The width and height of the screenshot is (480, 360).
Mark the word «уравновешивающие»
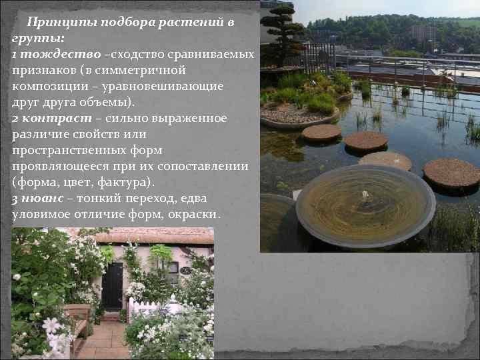coord(167,86)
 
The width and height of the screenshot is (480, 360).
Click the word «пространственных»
coord(62,151)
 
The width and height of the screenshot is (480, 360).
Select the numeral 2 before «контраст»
coord(15,118)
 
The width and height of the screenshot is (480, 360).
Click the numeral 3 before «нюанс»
coord(15,199)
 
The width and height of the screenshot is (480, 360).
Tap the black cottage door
coord(112,285)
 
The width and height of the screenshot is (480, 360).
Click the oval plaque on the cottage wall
coord(185,271)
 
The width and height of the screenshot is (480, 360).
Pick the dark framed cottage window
coord(173,270)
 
